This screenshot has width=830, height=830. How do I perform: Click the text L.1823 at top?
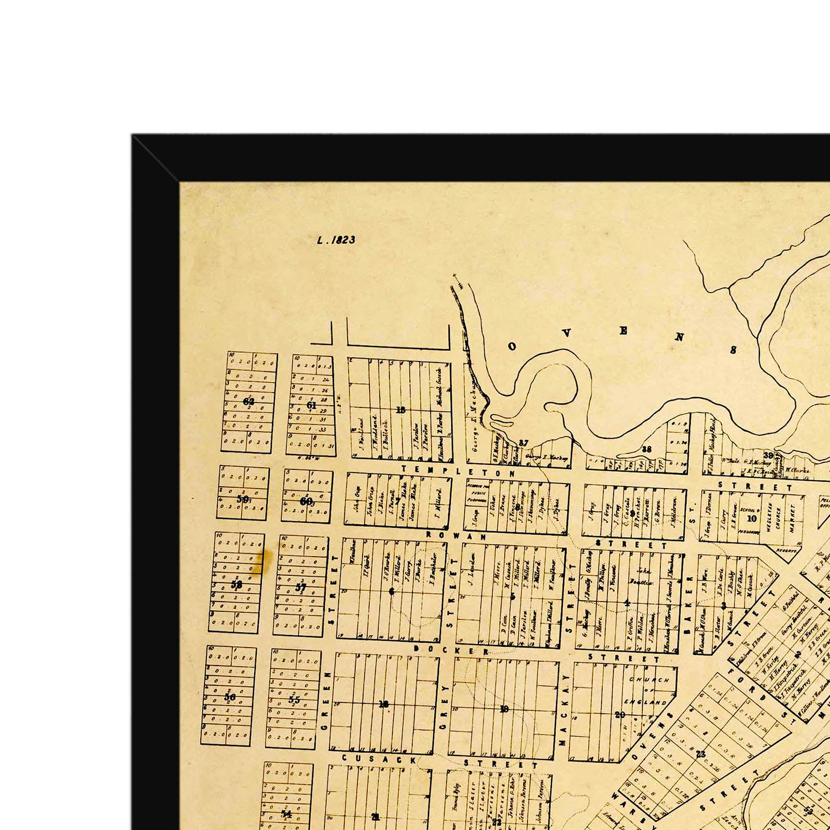[336, 240]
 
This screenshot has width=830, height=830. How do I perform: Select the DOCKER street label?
[451, 650]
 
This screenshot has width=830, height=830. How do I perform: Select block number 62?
[248, 402]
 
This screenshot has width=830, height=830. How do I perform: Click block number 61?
[311, 405]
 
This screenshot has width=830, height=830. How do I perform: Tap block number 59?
[242, 499]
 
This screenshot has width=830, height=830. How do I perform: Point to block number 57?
[301, 588]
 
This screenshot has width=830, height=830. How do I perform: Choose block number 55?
[294, 699]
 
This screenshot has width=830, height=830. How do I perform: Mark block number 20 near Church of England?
[620, 715]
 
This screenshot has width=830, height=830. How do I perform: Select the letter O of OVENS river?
[512, 347]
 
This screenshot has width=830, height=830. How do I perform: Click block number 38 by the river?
[646, 449]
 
